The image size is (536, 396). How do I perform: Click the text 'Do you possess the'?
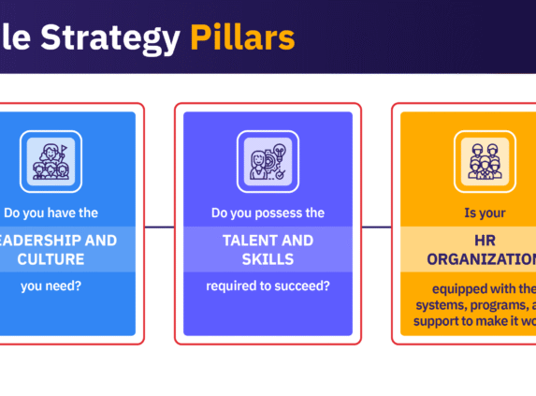pyautogui.click(x=268, y=213)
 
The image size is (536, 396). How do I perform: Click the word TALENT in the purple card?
pyautogui.click(x=242, y=240)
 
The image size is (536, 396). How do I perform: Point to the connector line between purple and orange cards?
pyautogui.click(x=376, y=226)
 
